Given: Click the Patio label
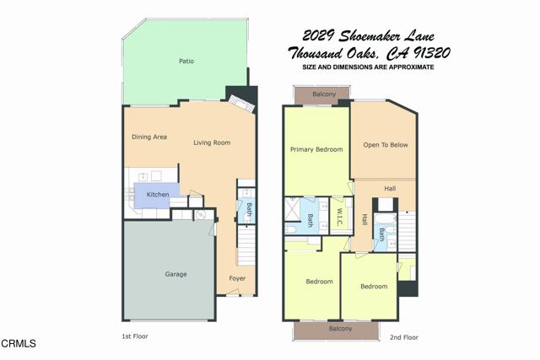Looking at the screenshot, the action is click(x=186, y=62).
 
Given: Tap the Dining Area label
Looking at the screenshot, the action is click(x=149, y=137).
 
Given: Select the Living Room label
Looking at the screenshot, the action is click(x=212, y=142).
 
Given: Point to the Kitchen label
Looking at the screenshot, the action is click(x=158, y=195).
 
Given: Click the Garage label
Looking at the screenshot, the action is click(x=175, y=274).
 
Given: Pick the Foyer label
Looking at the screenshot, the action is click(x=237, y=278).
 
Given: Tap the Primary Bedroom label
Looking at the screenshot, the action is click(x=316, y=149).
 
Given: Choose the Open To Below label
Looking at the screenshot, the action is click(x=386, y=145).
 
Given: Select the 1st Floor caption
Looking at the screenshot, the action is click(x=135, y=336).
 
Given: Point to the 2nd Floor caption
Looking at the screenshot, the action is click(x=404, y=337).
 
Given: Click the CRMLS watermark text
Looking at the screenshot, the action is click(x=19, y=343).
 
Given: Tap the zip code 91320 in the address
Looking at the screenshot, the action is click(x=431, y=53).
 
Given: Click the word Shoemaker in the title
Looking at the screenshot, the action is click(x=369, y=35).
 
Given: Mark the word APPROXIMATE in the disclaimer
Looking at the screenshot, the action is click(x=411, y=67).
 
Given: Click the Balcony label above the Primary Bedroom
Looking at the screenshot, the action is click(x=324, y=94).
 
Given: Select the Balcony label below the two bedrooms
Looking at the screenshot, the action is click(x=340, y=329).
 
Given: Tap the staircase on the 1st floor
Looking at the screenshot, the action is click(x=246, y=245).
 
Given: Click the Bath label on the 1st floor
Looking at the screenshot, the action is click(x=250, y=210).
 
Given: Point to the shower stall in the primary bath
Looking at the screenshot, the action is click(x=292, y=209).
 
